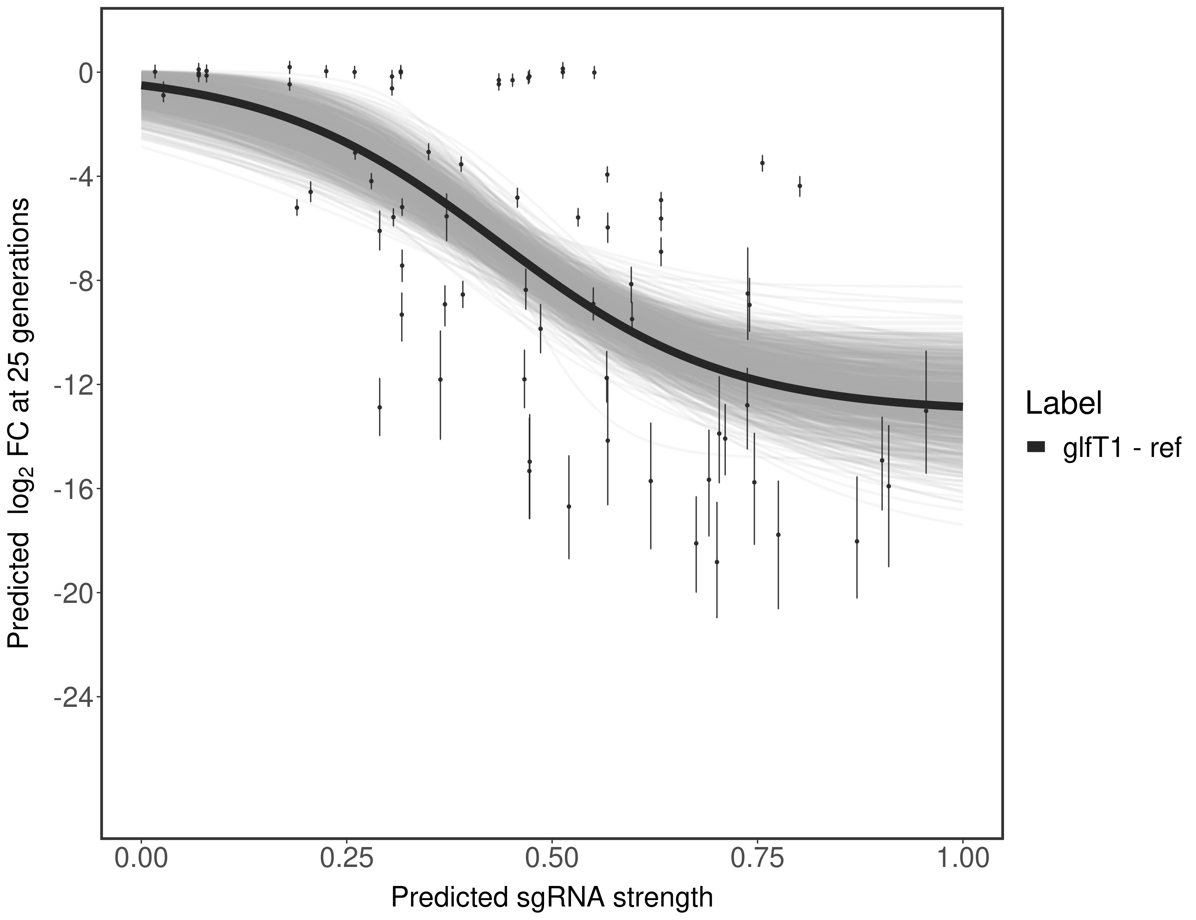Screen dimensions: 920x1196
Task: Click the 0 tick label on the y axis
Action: [86, 73]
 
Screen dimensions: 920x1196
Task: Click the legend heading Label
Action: [1064, 404]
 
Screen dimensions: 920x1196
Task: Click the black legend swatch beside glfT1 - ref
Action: [1036, 447]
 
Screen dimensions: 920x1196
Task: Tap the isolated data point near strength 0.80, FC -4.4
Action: [799, 186]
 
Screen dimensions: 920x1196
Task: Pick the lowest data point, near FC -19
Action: [717, 562]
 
